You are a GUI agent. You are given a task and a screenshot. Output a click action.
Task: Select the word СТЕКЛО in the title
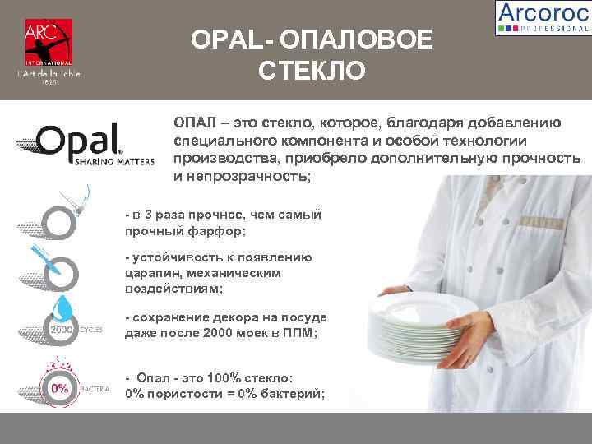pyautogui.click(x=311, y=71)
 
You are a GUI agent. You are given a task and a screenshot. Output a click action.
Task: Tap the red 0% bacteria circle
pyautogui.click(x=59, y=387)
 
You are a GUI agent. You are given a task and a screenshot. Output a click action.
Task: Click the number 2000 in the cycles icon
pyautogui.click(x=62, y=331)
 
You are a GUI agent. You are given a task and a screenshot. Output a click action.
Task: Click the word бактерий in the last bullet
pyautogui.click(x=293, y=393)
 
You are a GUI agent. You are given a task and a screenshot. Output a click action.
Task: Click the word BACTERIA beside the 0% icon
pyautogui.click(x=95, y=387)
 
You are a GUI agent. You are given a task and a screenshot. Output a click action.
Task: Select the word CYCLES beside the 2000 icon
pyautogui.click(x=91, y=330)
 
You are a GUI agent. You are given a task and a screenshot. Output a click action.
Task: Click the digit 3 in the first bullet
pyautogui.click(x=146, y=215)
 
